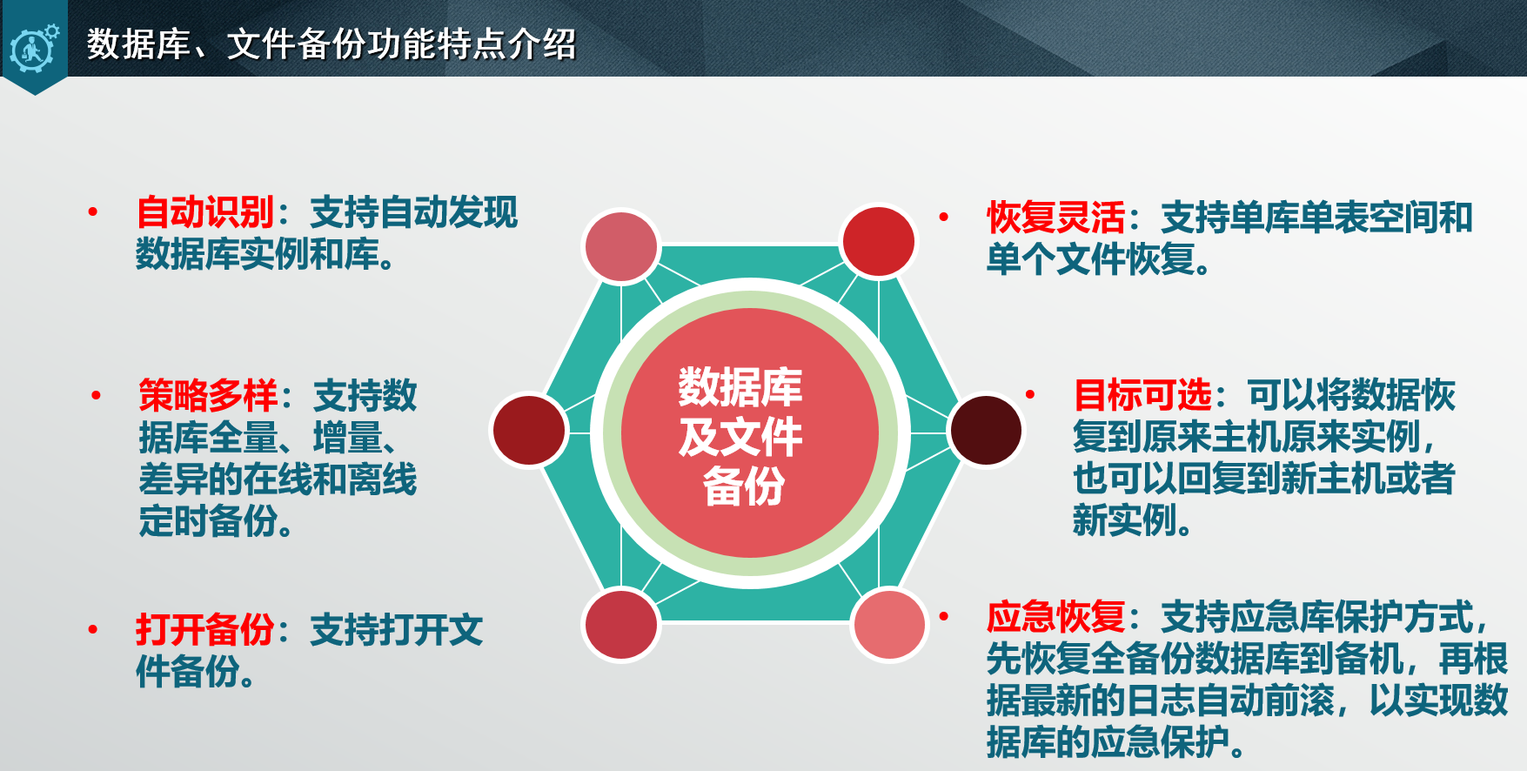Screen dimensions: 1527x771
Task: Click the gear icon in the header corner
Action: pos(34,48)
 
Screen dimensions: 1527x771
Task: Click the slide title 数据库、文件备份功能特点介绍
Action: pos(332,44)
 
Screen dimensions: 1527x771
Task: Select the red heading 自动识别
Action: pos(205,212)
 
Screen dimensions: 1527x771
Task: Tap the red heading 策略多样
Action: pos(208,396)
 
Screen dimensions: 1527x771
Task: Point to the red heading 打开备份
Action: pos(205,630)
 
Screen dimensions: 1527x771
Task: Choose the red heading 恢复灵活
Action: pos(1055,218)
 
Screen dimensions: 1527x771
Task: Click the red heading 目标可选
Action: pos(1142,395)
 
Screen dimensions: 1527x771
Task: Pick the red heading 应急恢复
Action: pos(1055,617)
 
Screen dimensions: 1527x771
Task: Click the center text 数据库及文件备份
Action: pos(741,436)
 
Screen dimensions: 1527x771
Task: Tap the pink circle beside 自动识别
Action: pos(620,246)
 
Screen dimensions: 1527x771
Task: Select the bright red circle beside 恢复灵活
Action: pos(879,241)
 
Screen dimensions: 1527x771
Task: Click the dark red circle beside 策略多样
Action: pos(529,430)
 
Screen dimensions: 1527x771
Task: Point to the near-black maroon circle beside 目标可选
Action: pos(986,430)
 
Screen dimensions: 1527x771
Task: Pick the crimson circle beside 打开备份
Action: pos(620,625)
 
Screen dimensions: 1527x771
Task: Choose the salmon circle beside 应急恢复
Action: pos(889,624)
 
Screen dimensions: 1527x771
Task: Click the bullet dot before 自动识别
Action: pos(93,211)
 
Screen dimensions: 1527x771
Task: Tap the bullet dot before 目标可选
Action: pos(1030,394)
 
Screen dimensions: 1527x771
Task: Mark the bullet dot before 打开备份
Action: pos(93,629)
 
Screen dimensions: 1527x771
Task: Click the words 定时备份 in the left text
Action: pos(208,521)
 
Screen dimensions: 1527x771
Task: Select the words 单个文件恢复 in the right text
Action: pos(1090,259)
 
